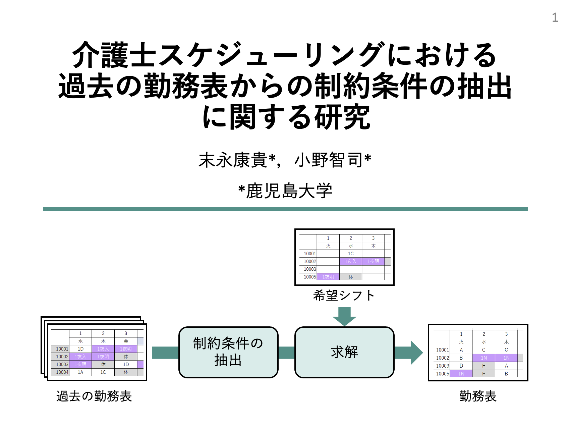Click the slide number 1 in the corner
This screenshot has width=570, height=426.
pos(555,17)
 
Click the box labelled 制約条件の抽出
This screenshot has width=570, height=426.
pos(228,352)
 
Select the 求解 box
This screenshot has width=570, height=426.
pos(344,352)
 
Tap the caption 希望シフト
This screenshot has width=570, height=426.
pos(344,296)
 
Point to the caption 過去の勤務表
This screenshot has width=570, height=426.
pos(94,396)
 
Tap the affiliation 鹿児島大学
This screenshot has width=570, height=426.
pos(289,191)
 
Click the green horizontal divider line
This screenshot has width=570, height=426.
pos(285,209)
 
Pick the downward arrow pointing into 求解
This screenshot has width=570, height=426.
pos(344,316)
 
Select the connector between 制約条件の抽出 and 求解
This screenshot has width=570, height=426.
pos(287,352)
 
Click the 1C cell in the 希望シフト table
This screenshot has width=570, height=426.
pos(351,254)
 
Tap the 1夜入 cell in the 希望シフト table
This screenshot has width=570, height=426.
pos(351,261)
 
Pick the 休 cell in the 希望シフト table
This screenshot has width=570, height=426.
pos(351,277)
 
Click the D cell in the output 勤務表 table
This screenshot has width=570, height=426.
pos(461,366)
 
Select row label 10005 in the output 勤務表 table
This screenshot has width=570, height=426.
pos(442,374)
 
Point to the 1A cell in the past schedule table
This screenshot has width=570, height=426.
pos(80,372)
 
